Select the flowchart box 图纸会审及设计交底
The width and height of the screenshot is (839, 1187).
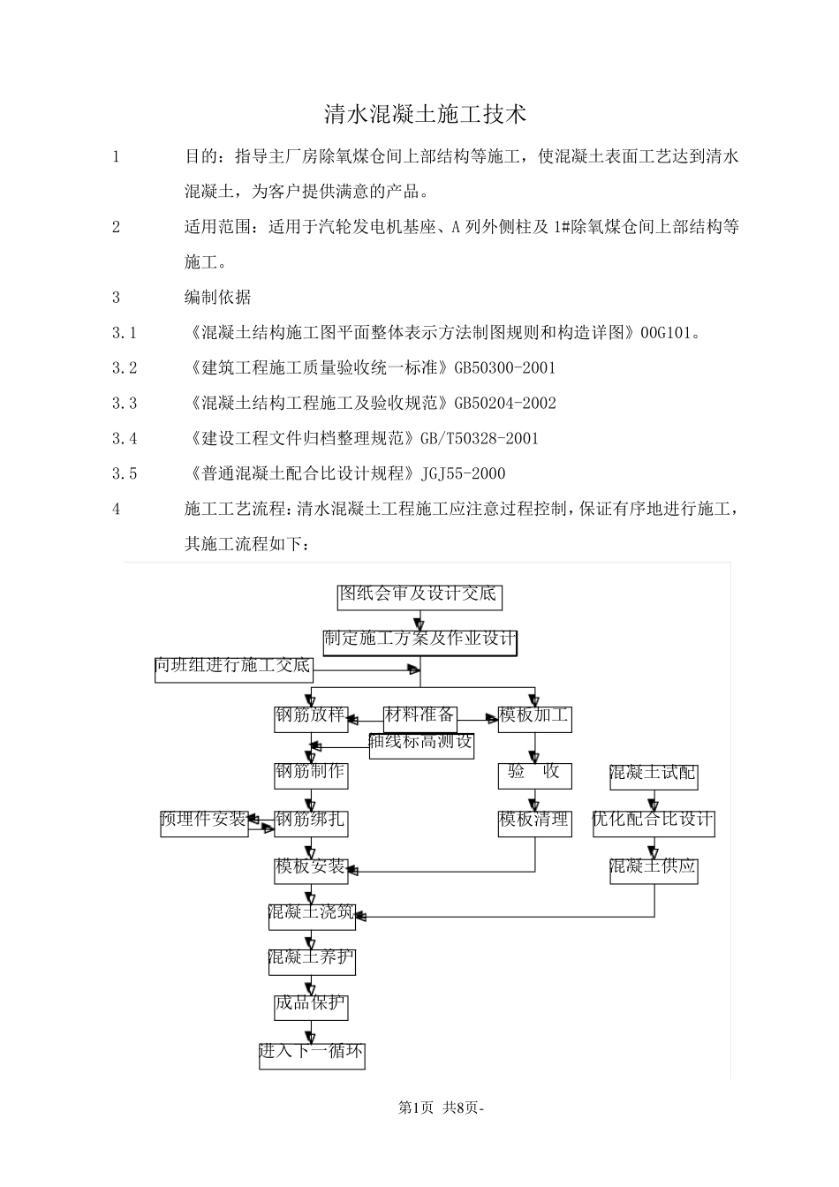click(419, 595)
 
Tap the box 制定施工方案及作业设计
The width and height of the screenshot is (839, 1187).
click(419, 639)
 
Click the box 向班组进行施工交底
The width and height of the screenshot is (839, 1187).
click(233, 668)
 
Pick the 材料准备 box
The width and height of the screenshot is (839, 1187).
click(419, 716)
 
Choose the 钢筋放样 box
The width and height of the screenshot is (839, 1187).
click(311, 717)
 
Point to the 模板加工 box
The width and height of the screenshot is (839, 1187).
click(534, 717)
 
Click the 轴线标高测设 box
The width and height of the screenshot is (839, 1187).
click(421, 745)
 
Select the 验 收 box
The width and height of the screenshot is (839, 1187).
click(534, 775)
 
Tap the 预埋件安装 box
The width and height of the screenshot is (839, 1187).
click(204, 821)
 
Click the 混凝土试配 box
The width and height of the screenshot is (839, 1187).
click(654, 775)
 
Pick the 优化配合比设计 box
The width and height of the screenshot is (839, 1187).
click(654, 821)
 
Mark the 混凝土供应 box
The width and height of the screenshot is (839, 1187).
click(654, 869)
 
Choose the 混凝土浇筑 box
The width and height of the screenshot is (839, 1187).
click(312, 914)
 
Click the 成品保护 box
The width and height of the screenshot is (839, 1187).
click(311, 1005)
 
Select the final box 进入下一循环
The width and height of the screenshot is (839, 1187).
click(312, 1055)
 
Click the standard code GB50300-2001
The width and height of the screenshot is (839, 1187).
click(505, 368)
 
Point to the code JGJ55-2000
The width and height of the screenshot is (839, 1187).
click(464, 474)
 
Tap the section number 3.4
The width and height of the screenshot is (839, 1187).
click(125, 439)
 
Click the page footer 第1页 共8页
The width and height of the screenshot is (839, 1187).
click(442, 1108)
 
